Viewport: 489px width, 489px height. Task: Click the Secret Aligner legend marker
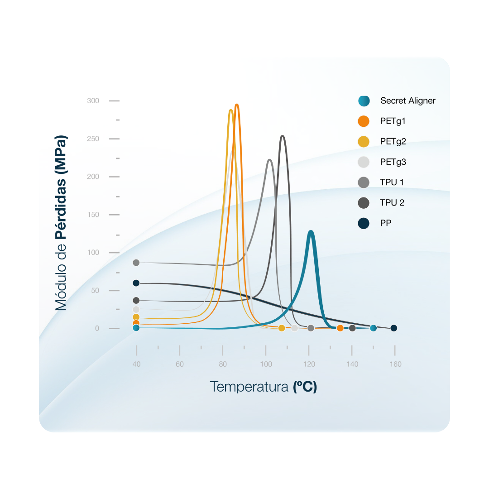364,101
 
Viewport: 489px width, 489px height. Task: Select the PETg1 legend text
393,121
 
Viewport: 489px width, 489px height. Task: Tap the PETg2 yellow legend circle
364,142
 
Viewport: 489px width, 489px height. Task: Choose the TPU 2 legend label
392,202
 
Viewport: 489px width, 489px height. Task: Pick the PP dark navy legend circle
364,223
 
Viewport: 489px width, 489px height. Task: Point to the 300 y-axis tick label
93,101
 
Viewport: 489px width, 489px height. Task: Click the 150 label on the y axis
93,215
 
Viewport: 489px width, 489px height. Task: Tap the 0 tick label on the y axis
97,328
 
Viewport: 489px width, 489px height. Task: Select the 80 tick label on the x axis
223,364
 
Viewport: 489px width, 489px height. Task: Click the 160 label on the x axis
395,364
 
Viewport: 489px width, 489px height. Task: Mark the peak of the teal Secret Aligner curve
311,232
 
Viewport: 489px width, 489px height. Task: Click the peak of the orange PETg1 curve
236,105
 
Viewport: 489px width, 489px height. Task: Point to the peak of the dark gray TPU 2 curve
283,136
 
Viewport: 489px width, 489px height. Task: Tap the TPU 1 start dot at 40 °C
136,263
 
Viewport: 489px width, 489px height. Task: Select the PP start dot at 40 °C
136,283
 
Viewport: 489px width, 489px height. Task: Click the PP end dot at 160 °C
394,328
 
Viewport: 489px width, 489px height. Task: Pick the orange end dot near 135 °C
340,328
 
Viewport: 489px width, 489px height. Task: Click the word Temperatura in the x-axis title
249,387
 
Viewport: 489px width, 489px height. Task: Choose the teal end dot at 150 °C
373,328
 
